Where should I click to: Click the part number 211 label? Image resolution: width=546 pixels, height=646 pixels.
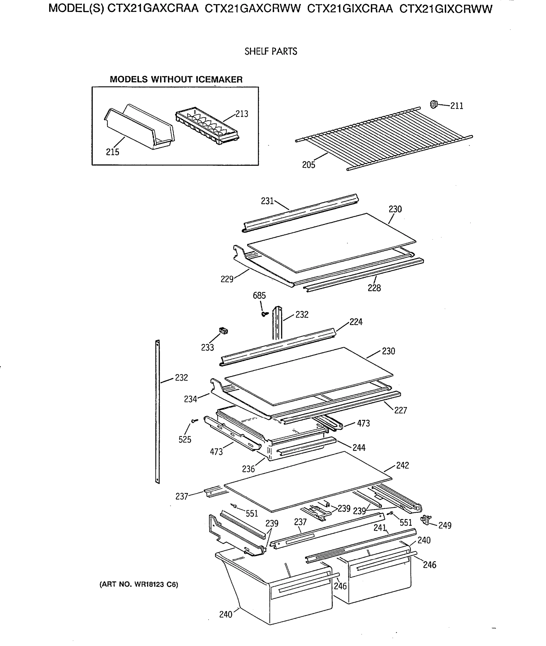(x=457, y=106)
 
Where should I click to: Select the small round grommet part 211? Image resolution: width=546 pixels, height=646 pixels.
(x=434, y=104)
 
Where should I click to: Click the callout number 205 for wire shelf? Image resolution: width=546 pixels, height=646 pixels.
(x=309, y=165)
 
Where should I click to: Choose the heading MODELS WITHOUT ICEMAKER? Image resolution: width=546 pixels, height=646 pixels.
(x=176, y=79)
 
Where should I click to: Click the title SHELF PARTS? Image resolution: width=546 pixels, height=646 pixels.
(x=270, y=51)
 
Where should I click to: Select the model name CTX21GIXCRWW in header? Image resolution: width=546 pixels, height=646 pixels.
(x=446, y=9)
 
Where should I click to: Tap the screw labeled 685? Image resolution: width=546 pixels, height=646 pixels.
(x=264, y=314)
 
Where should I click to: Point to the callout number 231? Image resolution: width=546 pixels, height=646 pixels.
(x=267, y=201)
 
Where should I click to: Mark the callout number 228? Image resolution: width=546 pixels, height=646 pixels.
(x=374, y=288)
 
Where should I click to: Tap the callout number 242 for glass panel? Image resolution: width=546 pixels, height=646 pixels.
(x=402, y=465)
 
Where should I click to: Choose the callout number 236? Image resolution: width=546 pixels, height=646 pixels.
(x=248, y=469)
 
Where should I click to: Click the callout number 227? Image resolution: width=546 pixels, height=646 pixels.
(x=400, y=410)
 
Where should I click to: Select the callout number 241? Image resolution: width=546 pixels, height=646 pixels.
(x=380, y=528)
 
